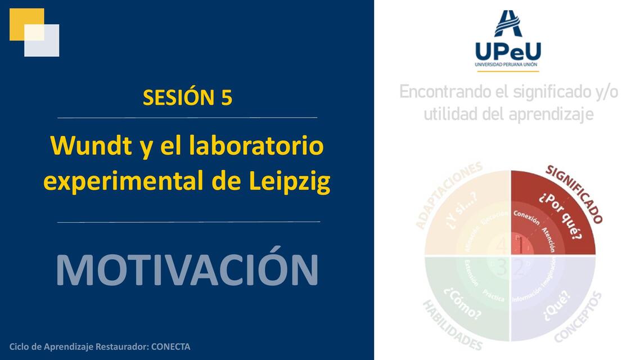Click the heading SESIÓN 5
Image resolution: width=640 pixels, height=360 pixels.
[x=187, y=97]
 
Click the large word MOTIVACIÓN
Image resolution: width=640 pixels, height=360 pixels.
[x=187, y=270]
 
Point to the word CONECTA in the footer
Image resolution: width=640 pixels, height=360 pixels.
[x=170, y=346]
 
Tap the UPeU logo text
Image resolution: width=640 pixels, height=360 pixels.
[x=508, y=51]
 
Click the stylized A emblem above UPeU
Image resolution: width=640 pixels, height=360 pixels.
[x=508, y=24]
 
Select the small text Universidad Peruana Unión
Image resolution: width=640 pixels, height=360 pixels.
[x=508, y=65]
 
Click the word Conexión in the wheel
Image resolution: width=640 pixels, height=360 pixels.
[x=526, y=217]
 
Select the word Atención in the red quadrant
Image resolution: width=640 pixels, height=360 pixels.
[x=548, y=238]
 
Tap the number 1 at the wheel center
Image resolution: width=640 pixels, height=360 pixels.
[x=521, y=246]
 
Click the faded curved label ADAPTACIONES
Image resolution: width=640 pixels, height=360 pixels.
[x=448, y=194]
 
